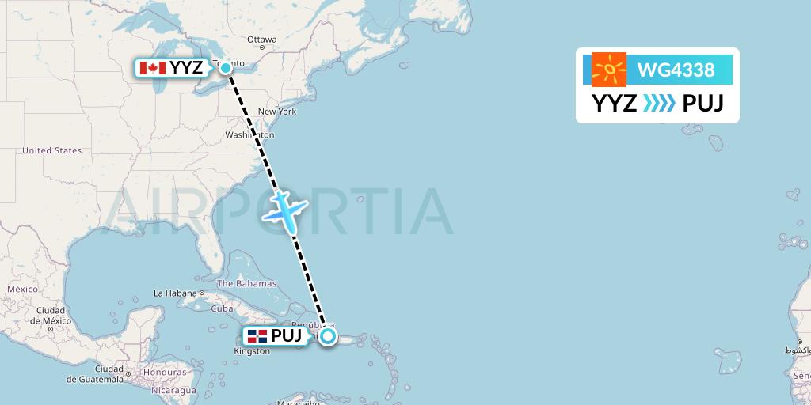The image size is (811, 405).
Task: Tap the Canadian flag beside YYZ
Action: (152, 68)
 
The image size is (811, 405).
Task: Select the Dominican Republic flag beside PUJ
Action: (257, 336)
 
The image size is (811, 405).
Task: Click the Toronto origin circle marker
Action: (226, 68)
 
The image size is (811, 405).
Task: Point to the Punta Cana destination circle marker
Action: (328, 336)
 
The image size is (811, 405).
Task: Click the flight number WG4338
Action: (676, 70)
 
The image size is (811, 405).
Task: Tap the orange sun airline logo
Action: (608, 70)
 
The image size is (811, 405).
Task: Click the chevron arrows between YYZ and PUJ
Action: (659, 104)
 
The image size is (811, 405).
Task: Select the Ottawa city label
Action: (261, 40)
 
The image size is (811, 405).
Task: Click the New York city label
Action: (277, 112)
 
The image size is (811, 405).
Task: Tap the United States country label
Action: (52, 150)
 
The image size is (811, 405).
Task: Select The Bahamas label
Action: (246, 283)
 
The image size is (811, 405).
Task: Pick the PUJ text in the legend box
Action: (702, 104)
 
